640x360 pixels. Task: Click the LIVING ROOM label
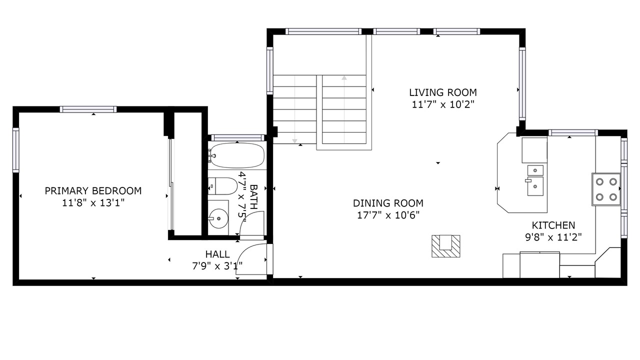443,92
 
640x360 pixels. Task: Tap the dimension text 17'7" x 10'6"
388,215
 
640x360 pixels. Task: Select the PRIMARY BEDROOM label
93,191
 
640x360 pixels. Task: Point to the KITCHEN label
553,225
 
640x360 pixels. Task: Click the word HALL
217,254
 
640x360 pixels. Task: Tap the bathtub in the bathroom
236,155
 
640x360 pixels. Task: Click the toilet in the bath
222,186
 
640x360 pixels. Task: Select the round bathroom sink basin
218,218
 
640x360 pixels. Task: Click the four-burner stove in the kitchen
606,189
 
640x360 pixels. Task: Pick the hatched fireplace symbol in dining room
445,246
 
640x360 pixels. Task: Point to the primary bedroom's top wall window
88,109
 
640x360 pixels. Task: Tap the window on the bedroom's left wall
15,150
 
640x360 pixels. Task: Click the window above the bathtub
237,138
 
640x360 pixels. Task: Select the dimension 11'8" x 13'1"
93,203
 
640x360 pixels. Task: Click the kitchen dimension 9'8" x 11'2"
553,237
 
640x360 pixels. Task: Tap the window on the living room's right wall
522,83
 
